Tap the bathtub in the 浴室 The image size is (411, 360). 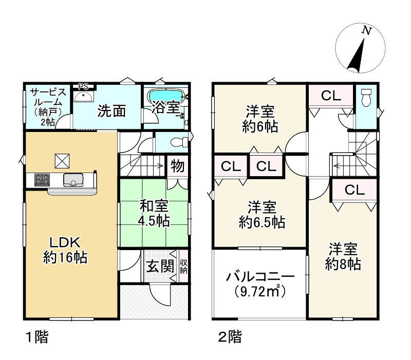(x=165, y=96)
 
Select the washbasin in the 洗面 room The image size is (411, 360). (x=83, y=97)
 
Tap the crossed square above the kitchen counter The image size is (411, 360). (x=62, y=161)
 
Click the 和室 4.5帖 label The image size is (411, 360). (x=154, y=213)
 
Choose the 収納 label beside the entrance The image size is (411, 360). (x=183, y=267)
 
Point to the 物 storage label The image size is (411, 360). (x=177, y=166)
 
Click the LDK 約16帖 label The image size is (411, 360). (x=64, y=250)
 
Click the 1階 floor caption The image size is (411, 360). (x=38, y=337)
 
